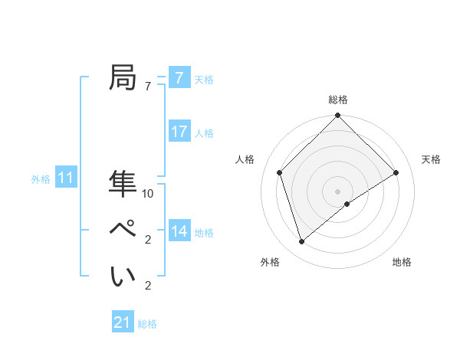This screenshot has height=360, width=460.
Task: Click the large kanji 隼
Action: pyautogui.click(x=123, y=184)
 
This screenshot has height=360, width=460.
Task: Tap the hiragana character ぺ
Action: pyautogui.click(x=123, y=230)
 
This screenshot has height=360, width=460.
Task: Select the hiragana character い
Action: pyautogui.click(x=123, y=276)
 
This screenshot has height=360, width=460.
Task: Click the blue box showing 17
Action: pyautogui.click(x=179, y=132)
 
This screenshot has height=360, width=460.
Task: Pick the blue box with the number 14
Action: pyautogui.click(x=179, y=231)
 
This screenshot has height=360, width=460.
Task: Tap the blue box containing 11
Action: pyautogui.click(x=66, y=178)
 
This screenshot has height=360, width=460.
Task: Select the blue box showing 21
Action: pyautogui.click(x=123, y=322)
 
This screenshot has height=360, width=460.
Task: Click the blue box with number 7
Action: pyautogui.click(x=179, y=78)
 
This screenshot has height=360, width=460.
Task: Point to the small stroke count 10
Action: pyautogui.click(x=148, y=194)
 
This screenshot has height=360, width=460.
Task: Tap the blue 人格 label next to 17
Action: pyautogui.click(x=204, y=133)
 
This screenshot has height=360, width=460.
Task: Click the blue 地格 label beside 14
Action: pyautogui.click(x=204, y=233)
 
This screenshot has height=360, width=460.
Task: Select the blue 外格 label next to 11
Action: pyautogui.click(x=41, y=179)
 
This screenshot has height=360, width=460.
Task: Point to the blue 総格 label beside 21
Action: pyautogui.click(x=148, y=324)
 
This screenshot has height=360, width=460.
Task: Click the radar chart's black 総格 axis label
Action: pyautogui.click(x=338, y=100)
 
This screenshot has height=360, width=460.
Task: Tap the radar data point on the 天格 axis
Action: pyautogui.click(x=396, y=172)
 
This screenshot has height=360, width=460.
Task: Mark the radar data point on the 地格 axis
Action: pyautogui.click(x=347, y=204)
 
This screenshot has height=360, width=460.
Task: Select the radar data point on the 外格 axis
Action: pyautogui.click(x=302, y=242)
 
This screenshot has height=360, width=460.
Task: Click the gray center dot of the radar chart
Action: pyautogui.click(x=338, y=191)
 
